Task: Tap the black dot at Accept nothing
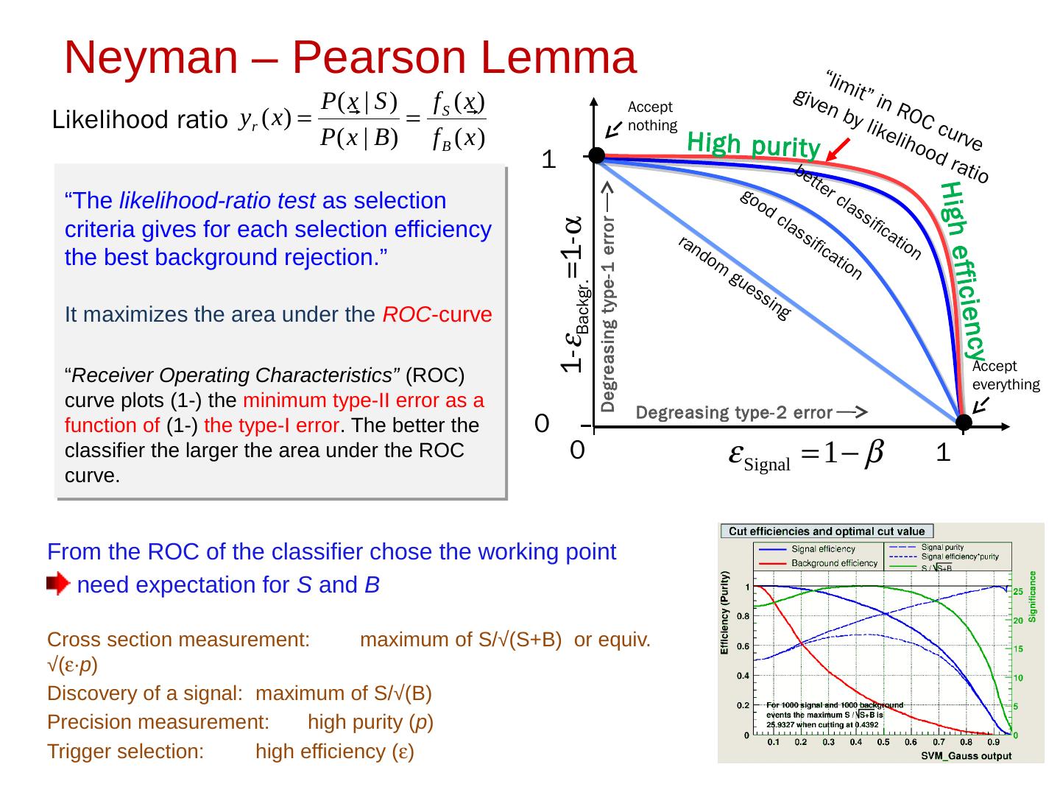tap(596, 155)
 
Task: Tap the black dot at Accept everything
tap(964, 422)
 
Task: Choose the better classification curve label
tap(858, 213)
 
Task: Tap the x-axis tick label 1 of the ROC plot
tap(943, 455)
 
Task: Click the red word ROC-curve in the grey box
tap(437, 315)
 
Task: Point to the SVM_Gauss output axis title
tap(966, 755)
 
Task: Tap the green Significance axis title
tap(1033, 596)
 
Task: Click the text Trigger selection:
tap(125, 752)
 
